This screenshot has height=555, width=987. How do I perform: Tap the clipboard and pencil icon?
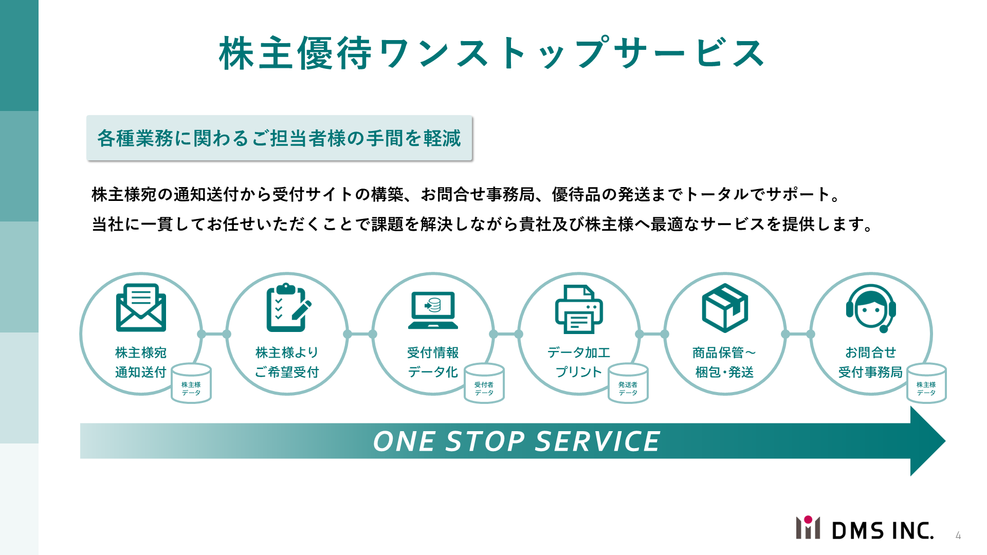pos(288,307)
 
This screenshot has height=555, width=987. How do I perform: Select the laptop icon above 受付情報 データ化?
pos(433,310)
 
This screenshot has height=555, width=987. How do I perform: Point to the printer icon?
pos(579,309)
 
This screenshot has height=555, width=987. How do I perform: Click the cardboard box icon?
pos(725,308)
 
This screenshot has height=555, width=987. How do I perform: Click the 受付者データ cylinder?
pos(484,383)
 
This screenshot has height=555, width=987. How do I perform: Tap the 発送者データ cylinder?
pos(628,383)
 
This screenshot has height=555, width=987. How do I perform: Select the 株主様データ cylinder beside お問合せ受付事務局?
pos(926,383)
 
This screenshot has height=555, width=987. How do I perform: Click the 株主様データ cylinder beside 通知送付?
pos(191,383)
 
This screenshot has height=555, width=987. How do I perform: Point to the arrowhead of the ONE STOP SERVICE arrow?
pos(945,441)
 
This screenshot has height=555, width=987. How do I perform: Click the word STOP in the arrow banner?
pos(485,441)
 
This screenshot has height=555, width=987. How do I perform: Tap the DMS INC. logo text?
pos(883,530)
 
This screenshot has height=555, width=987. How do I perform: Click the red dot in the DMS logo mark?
pos(808,520)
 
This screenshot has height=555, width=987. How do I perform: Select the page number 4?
pos(958,535)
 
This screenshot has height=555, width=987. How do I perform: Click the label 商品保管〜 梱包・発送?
pos(724,362)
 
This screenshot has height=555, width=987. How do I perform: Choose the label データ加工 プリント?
pos(579,362)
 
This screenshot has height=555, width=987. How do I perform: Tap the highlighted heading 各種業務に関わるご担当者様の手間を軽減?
pos(279,138)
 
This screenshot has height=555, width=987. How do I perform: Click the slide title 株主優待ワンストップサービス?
pos(492,53)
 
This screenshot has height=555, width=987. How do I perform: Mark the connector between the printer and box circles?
pos(652,334)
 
